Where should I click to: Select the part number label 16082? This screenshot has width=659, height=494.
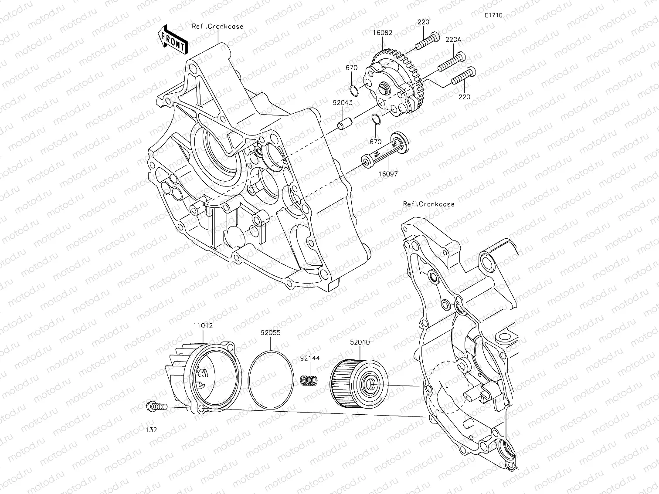(382, 33)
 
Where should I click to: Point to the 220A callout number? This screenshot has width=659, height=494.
(453, 39)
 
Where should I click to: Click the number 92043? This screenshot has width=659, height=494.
(343, 103)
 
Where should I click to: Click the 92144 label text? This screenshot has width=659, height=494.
(309, 358)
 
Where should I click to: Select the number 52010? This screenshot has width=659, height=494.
(360, 342)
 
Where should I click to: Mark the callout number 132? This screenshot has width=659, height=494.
(151, 430)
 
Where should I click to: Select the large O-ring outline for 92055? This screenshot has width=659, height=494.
(271, 379)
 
